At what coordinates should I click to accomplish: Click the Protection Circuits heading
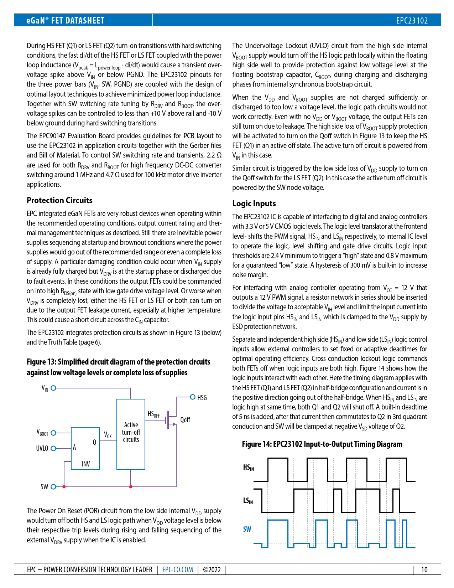point(59,200)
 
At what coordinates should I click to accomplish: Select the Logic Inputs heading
point(254,203)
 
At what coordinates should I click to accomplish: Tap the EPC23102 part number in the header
point(412,20)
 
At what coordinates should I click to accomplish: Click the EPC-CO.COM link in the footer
point(177,569)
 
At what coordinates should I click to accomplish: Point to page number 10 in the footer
point(424,569)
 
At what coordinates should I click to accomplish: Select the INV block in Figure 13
point(85,448)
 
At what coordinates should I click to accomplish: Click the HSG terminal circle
point(193,397)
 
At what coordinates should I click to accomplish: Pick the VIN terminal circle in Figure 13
point(53,388)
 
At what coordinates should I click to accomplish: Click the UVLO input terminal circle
point(53,448)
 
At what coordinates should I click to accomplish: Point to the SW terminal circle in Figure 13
point(53,487)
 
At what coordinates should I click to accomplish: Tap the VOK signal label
point(108,435)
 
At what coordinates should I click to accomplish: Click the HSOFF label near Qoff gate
point(153,414)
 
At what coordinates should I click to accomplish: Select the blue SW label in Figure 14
point(247,529)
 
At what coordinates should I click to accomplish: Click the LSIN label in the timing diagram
point(248,501)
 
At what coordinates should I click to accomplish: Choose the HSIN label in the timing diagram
point(249,468)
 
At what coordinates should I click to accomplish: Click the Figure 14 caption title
point(322,444)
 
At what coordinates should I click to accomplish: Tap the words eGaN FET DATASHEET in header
point(66,20)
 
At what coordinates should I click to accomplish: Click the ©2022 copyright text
point(212,569)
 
